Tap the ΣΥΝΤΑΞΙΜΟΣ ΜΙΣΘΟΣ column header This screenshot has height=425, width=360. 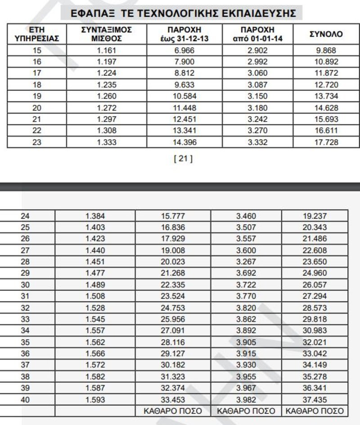(x=107, y=34)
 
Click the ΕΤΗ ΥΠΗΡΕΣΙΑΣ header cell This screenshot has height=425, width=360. (x=37, y=34)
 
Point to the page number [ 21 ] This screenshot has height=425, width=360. (x=183, y=158)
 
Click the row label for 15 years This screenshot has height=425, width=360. (x=37, y=50)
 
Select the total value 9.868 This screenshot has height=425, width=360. (x=326, y=50)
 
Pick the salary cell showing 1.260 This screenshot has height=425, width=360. (x=107, y=96)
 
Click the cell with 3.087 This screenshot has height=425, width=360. (x=257, y=85)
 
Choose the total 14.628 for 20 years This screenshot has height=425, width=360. (x=326, y=108)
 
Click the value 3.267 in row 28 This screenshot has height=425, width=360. (x=246, y=262)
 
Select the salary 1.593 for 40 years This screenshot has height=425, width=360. (x=95, y=399)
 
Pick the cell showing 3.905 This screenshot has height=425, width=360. (x=246, y=342)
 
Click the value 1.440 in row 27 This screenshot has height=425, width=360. (x=95, y=250)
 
